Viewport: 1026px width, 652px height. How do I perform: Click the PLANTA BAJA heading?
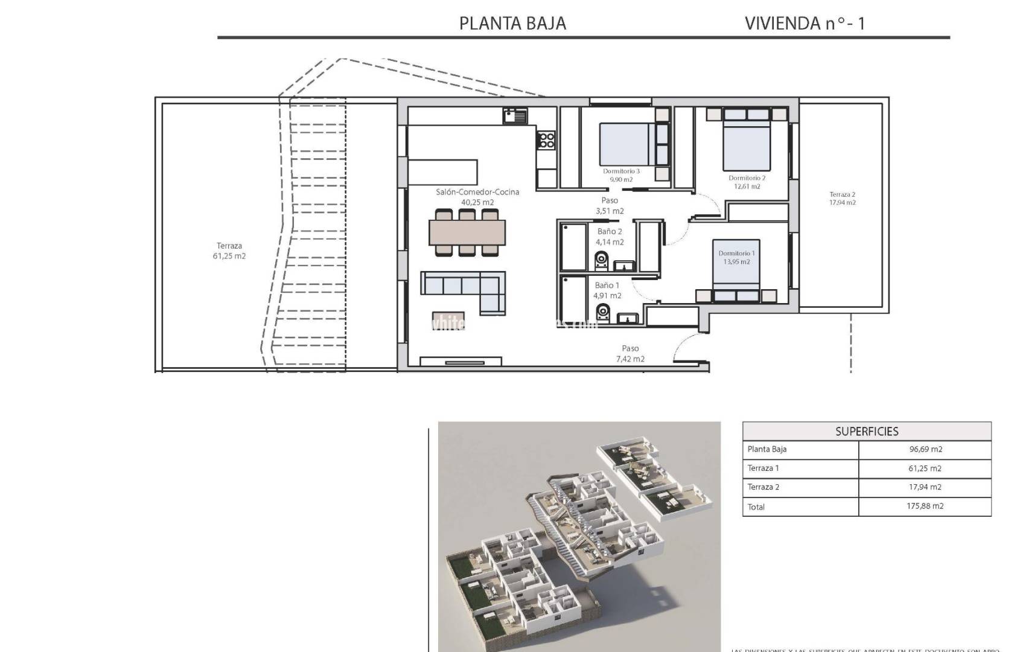512,23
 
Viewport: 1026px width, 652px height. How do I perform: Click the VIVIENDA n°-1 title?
805,23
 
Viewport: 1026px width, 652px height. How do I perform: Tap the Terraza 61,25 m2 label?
229,251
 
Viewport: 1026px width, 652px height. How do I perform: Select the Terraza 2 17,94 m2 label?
842,199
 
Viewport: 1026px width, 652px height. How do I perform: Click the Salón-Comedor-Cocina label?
477,192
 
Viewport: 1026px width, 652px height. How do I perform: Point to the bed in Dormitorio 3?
625,144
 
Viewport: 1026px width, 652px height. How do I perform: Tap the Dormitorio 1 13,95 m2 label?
736,258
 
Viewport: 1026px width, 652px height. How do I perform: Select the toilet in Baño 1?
602,312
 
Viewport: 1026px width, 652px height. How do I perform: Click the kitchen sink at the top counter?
515,115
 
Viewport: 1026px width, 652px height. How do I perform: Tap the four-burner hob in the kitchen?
547,140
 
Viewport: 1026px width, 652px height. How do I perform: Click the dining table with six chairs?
467,232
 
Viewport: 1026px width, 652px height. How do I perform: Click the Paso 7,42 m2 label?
630,354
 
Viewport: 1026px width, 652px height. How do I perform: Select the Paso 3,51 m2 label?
610,206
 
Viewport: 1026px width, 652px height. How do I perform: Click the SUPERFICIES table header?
866,431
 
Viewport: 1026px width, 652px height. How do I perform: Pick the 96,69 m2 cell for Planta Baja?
925,449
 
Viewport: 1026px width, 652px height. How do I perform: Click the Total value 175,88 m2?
925,507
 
